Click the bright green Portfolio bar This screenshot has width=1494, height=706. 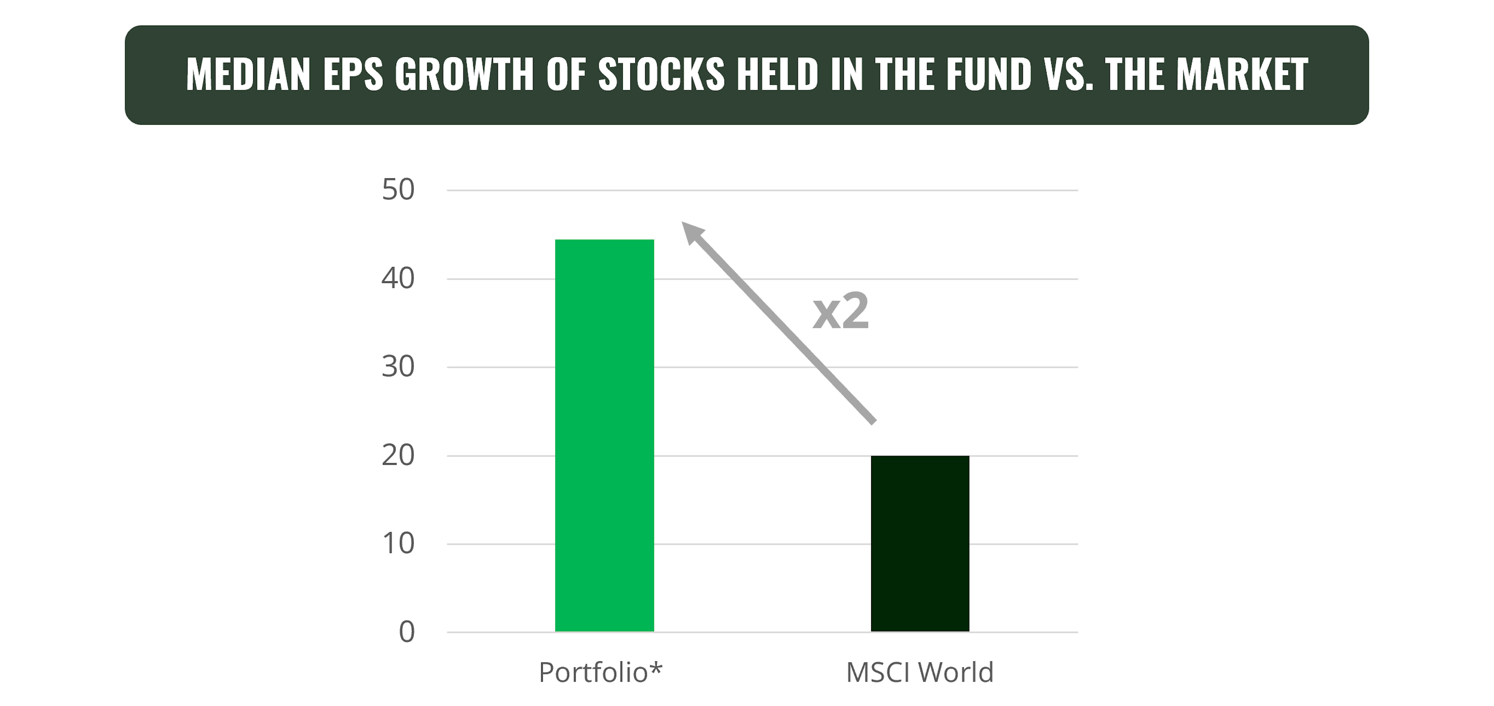coord(604,435)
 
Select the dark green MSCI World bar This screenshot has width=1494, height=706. coord(920,544)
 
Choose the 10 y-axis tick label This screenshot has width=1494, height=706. coord(398,544)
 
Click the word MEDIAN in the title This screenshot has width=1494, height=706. coord(248,75)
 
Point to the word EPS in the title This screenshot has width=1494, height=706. coord(352,75)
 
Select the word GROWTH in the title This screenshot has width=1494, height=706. coord(464,75)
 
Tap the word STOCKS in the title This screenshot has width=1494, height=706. coord(661,75)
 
